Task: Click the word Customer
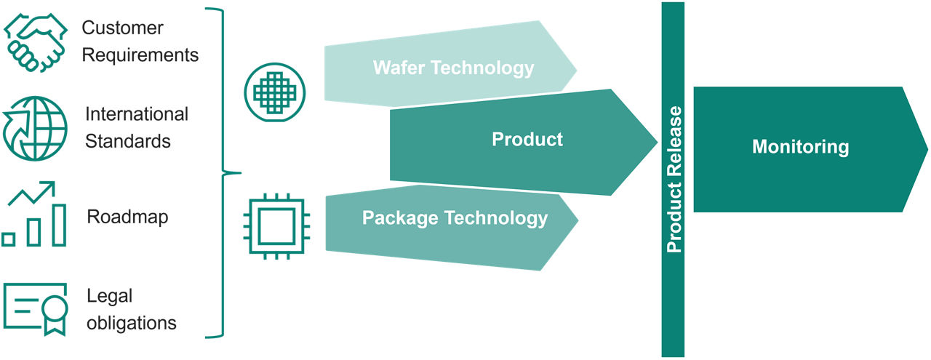[x=122, y=28]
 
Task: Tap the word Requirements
[x=140, y=55]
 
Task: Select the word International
[x=137, y=114]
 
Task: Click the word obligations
[x=131, y=321]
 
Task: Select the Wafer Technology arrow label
[x=453, y=68]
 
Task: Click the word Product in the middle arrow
[x=527, y=139]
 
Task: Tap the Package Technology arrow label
[x=455, y=217]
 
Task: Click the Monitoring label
[x=800, y=147]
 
